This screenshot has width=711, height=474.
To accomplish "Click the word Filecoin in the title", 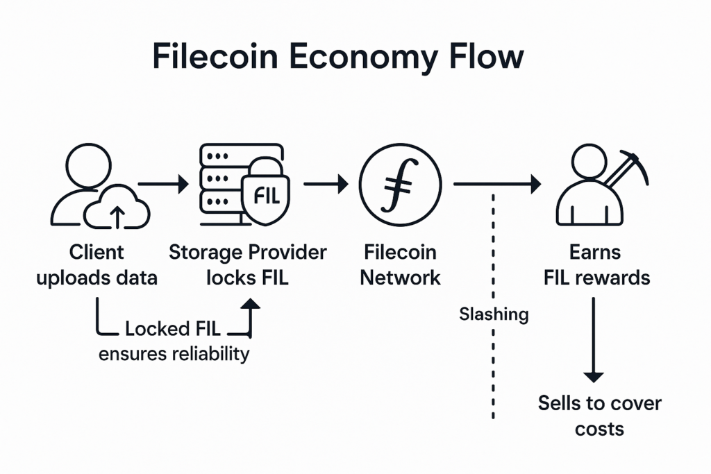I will (221, 58).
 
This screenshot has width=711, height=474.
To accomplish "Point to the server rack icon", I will (221, 182).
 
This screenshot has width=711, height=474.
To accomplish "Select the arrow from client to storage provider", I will (163, 185).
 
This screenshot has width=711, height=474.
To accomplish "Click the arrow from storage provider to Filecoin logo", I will (326, 184).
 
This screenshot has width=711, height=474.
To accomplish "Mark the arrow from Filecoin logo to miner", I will (497, 184).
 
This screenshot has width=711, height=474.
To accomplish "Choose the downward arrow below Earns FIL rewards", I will (594, 340).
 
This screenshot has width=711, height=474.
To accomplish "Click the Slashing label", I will (494, 314).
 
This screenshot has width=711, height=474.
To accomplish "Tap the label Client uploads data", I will (97, 265).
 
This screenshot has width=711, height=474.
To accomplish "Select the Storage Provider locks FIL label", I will (248, 265).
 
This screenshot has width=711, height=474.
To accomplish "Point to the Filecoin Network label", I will (401, 265).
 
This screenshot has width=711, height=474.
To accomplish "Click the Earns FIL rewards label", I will (595, 265).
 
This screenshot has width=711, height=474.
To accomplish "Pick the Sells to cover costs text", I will (600, 415).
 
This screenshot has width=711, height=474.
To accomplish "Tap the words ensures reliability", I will (174, 353).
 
